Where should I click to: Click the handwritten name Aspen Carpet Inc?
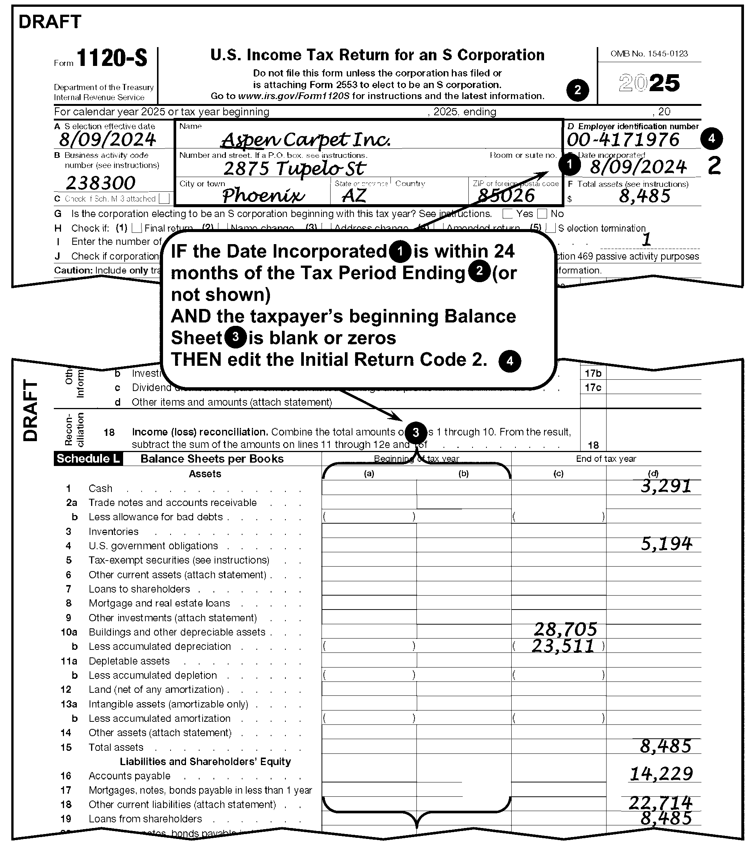[306, 140]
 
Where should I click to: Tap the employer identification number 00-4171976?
[623, 140]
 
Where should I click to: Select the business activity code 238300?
[101, 183]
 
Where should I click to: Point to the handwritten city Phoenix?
[263, 195]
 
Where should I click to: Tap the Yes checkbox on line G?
[508, 214]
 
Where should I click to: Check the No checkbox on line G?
[542, 214]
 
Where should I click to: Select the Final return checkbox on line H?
[137, 228]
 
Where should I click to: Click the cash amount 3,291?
[666, 486]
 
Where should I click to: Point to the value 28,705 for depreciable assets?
[565, 629]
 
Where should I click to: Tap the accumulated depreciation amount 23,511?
[563, 646]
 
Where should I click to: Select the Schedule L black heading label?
[88, 459]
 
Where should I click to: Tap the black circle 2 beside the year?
[577, 90]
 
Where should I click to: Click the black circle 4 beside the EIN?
[711, 139]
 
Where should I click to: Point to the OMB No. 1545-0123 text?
[649, 54]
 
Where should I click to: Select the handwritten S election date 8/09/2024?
[107, 140]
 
